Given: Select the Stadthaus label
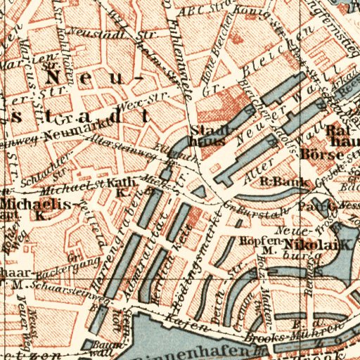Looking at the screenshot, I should [207, 134].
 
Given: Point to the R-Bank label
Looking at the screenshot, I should [276, 181].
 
